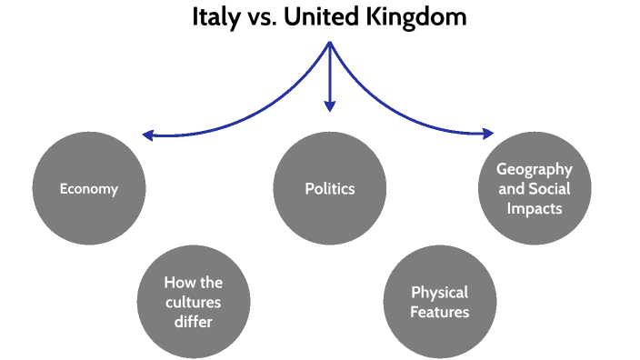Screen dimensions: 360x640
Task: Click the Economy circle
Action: (x=88, y=189)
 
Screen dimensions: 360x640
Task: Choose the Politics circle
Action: (x=330, y=189)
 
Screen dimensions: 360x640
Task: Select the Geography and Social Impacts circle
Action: (x=535, y=188)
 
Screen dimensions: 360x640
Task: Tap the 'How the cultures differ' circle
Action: (x=194, y=303)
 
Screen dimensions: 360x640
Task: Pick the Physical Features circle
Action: (x=440, y=303)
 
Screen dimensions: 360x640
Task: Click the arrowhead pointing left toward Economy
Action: (x=148, y=135)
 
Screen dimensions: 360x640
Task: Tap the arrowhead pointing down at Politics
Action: (x=330, y=108)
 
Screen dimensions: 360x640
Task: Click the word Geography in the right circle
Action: (x=535, y=169)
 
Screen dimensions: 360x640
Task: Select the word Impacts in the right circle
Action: (x=536, y=208)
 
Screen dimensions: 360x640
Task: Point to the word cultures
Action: (x=194, y=303)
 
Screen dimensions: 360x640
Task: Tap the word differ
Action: (x=194, y=322)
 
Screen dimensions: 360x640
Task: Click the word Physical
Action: (x=440, y=293)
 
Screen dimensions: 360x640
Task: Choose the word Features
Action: (x=440, y=313)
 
